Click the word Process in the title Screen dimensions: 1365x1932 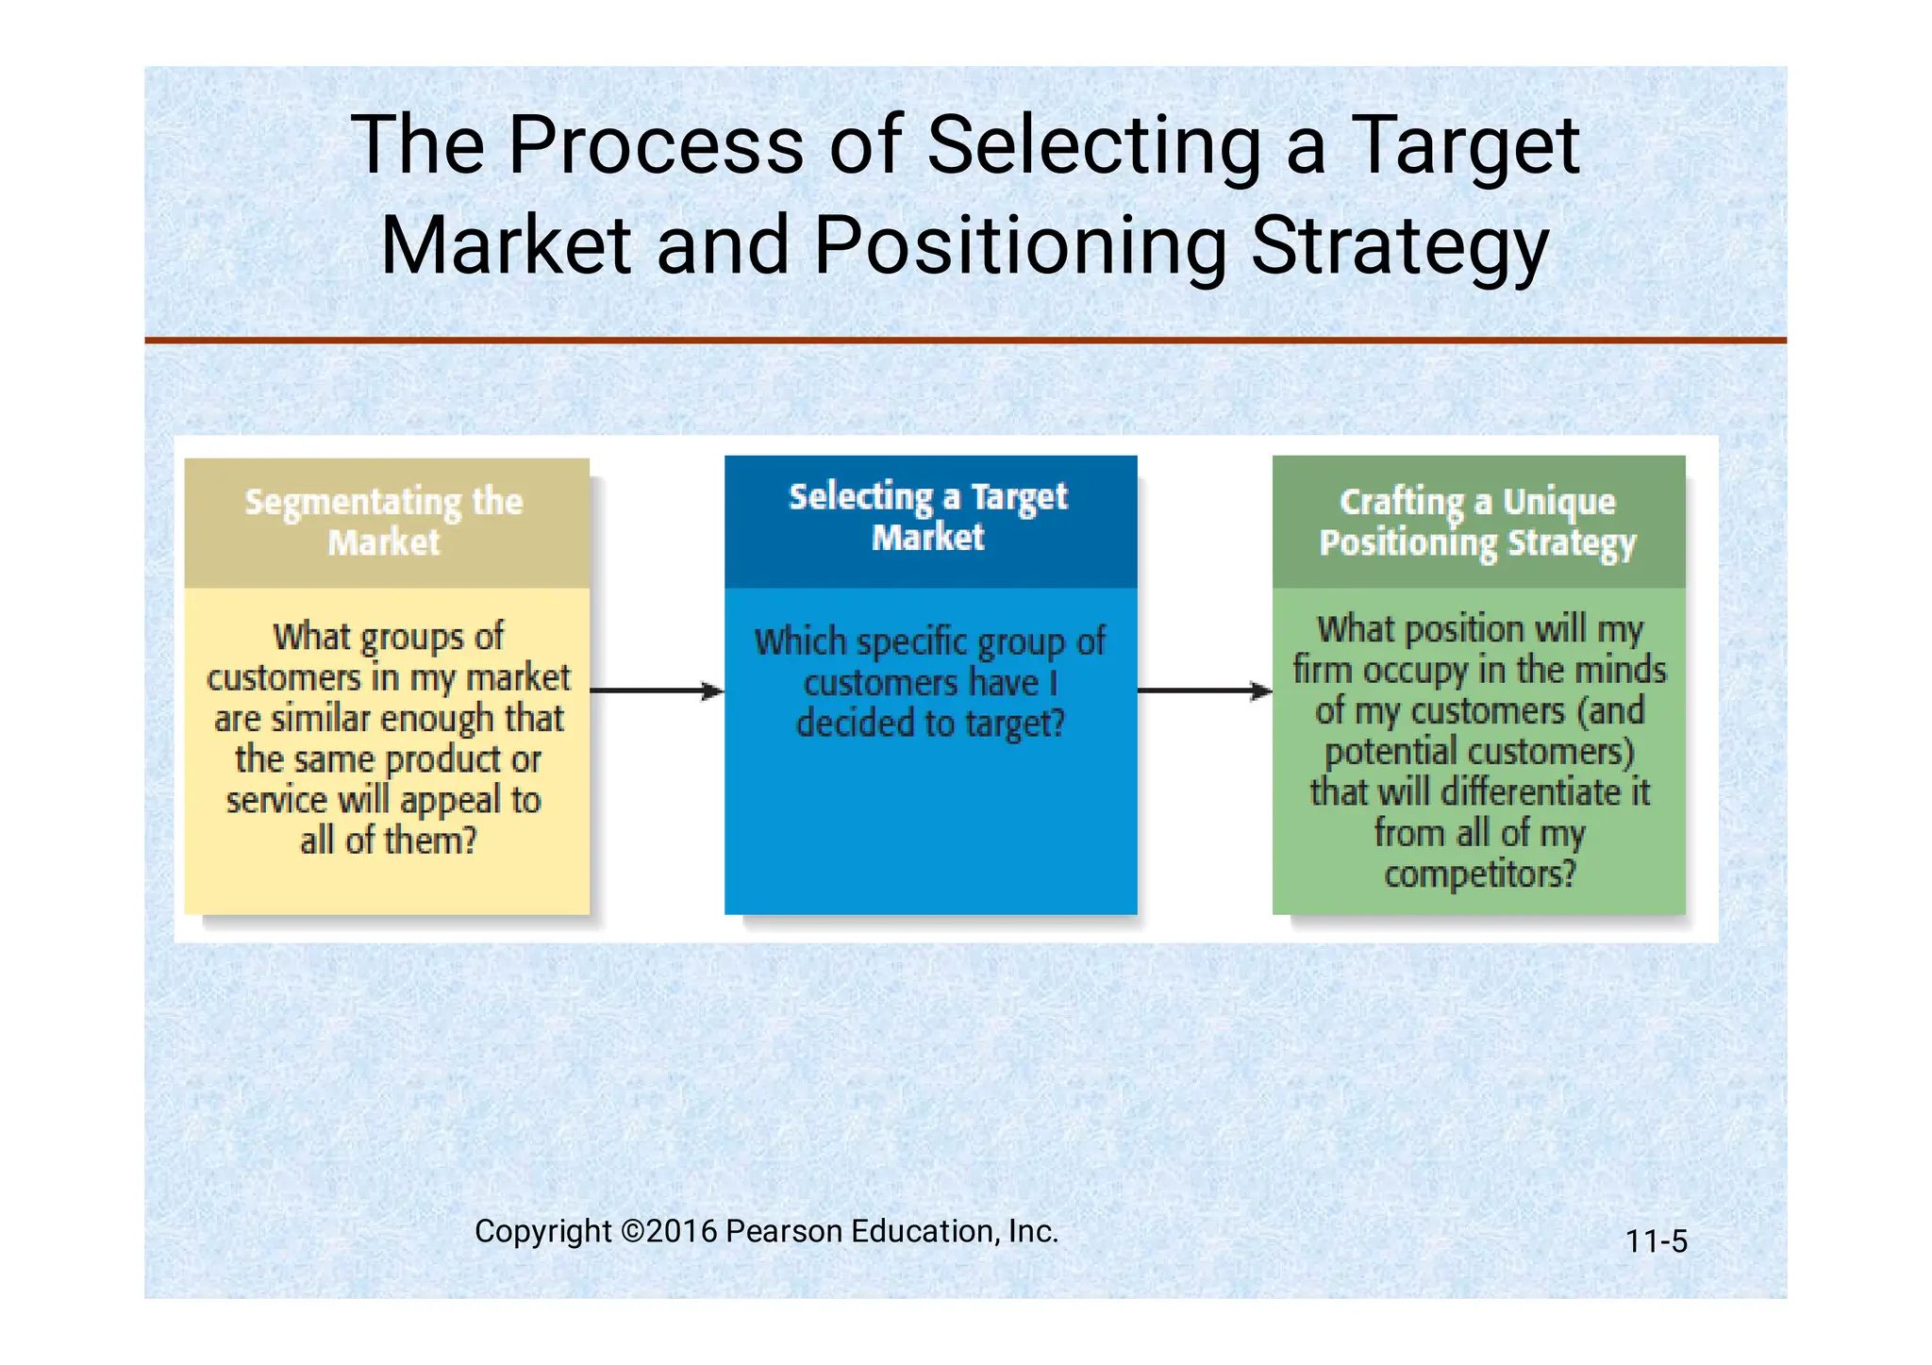click(656, 146)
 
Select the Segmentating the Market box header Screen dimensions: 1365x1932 click(385, 522)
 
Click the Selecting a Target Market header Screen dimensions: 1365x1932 click(929, 517)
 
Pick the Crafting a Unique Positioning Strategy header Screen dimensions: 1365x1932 click(1477, 523)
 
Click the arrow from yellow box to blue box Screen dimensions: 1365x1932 click(657, 691)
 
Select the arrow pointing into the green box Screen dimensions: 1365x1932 click(1204, 691)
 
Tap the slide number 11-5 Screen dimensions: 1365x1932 click(1656, 1241)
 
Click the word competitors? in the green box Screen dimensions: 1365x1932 click(1479, 874)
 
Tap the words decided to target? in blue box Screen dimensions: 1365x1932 click(930, 724)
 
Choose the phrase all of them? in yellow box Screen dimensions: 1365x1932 click(388, 841)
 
